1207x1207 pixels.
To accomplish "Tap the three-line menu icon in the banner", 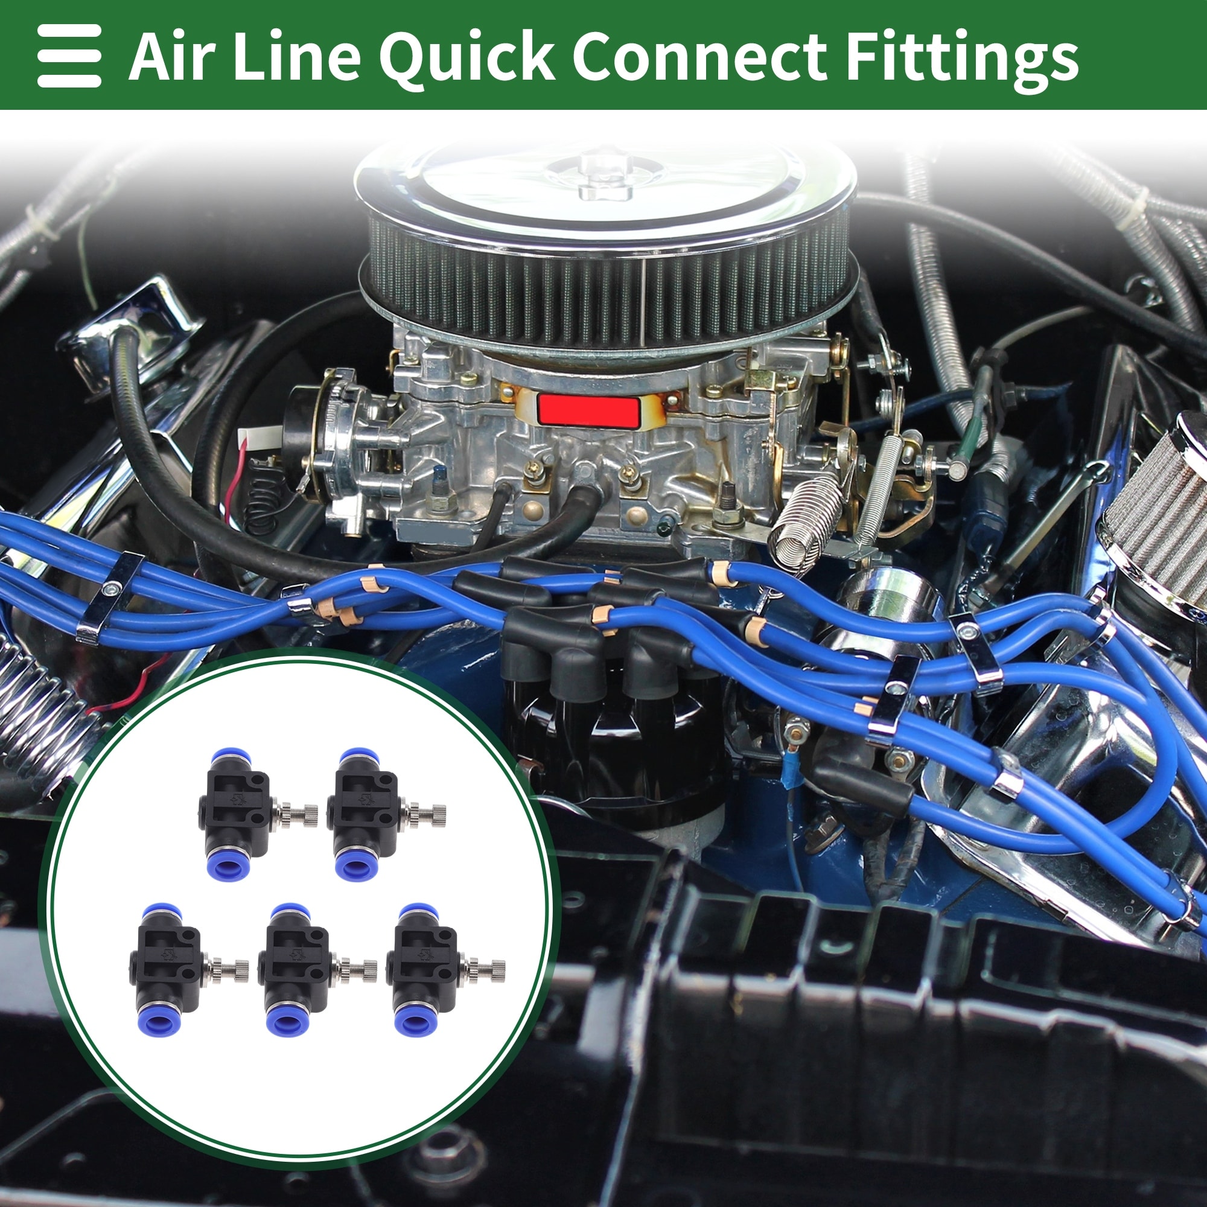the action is [69, 56].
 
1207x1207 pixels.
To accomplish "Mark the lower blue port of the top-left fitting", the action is [229, 863].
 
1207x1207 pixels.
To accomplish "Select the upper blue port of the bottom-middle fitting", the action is [288, 914].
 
